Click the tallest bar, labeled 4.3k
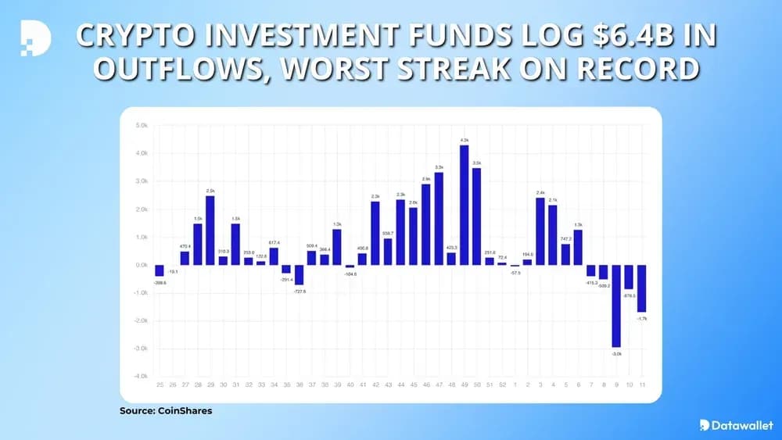(465, 205)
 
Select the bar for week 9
(616, 306)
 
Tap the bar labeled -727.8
(299, 274)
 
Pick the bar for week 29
(210, 231)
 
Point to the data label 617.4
(274, 242)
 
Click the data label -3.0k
(616, 354)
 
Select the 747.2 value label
(566, 238)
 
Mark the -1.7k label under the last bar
(642, 319)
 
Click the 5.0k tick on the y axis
(142, 125)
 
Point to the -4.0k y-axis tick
(142, 377)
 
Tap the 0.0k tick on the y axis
(142, 265)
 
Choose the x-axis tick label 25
(160, 385)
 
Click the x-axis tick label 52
(502, 385)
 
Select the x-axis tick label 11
(642, 385)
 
